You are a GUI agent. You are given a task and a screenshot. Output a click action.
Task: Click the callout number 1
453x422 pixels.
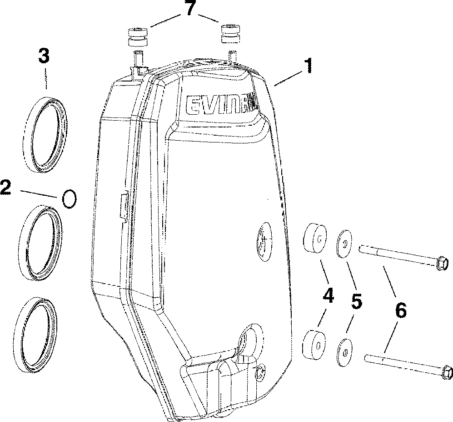(309, 66)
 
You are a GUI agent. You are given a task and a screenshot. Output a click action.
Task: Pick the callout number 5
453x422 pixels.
(357, 302)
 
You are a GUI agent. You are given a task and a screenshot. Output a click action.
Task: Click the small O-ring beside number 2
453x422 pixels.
(69, 199)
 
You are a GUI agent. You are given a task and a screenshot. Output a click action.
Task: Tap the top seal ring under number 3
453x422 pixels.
(45, 134)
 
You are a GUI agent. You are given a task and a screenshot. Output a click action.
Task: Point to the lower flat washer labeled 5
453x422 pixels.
(344, 351)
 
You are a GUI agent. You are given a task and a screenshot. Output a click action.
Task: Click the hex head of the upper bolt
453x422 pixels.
(441, 264)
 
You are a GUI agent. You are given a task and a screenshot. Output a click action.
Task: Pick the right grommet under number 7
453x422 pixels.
(230, 33)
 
